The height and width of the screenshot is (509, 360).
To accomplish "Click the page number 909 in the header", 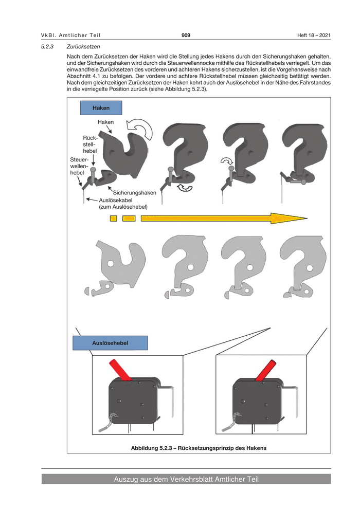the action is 186,35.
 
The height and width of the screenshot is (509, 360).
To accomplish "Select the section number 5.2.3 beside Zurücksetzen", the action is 47,47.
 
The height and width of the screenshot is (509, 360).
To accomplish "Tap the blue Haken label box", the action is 101,108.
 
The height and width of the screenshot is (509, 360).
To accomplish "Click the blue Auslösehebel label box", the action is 110,343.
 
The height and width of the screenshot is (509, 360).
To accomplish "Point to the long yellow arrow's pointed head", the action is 307,219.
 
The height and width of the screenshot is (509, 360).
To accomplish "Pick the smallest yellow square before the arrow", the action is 113,219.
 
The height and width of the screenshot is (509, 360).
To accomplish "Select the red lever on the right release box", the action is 266,370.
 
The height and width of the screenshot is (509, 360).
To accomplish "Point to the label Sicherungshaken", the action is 134,192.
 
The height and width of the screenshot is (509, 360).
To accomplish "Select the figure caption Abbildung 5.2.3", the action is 199,448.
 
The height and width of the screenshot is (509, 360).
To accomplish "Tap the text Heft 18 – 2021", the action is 314,35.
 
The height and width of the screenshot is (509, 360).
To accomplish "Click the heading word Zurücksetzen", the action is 83,47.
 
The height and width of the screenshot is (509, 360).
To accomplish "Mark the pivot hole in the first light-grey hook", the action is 111,263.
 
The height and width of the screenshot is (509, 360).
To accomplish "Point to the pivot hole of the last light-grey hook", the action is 310,268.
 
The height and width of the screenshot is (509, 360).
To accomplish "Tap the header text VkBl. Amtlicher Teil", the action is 71,35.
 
